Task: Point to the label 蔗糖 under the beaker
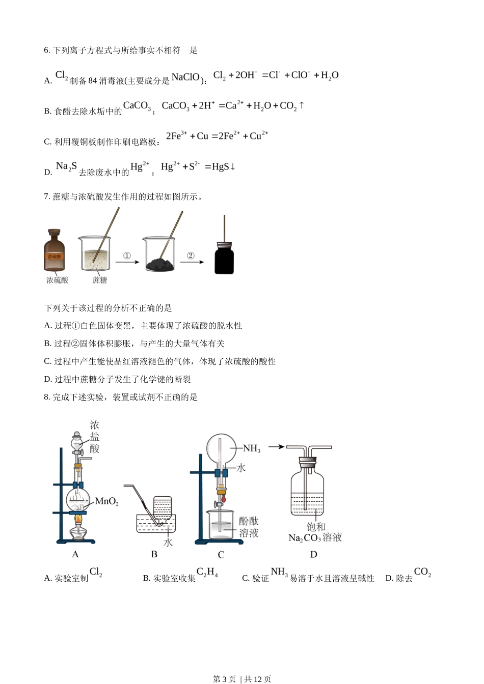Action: tap(100, 280)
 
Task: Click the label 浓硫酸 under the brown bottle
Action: tap(57, 280)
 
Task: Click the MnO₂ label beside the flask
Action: tap(107, 502)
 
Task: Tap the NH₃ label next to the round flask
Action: tap(252, 448)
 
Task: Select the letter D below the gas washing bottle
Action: tap(313, 554)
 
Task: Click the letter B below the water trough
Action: tap(154, 554)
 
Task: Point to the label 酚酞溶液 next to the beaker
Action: tap(249, 527)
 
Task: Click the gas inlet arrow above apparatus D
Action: tap(276, 447)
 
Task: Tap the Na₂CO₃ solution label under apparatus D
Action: tap(315, 538)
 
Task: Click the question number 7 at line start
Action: tap(46, 196)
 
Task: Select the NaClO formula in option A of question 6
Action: tap(185, 77)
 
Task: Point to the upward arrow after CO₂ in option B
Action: tap(302, 105)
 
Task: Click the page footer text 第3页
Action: tap(224, 679)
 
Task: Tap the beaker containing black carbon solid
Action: tap(159, 254)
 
